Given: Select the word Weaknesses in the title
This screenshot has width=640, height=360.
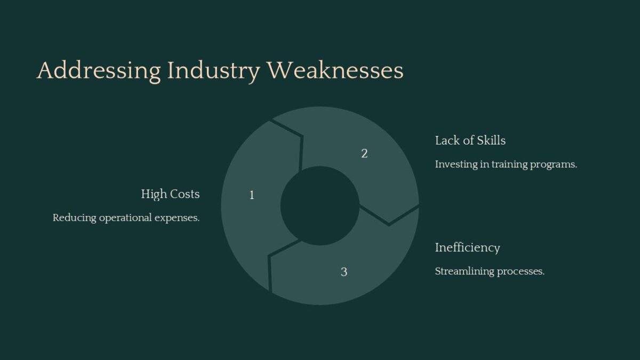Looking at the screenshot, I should coord(335,71).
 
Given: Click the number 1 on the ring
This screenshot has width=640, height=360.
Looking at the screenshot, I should coord(252,195).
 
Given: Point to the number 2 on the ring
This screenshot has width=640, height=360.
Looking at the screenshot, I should coord(364,154).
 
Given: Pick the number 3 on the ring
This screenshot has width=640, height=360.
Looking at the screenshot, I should coord(344,272).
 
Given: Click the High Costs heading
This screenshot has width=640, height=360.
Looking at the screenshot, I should coord(170,194).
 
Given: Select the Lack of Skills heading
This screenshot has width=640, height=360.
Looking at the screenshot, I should coord(470,141).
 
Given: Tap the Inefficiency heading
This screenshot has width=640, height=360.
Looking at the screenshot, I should coord(467,247).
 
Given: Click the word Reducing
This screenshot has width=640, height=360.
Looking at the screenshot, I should coord(74,218).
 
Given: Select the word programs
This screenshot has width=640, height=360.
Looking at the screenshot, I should coord(556,165).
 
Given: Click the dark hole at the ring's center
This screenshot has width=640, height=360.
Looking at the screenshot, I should coord(319,205).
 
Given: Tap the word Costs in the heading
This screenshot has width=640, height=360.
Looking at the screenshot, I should coord(185,194).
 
